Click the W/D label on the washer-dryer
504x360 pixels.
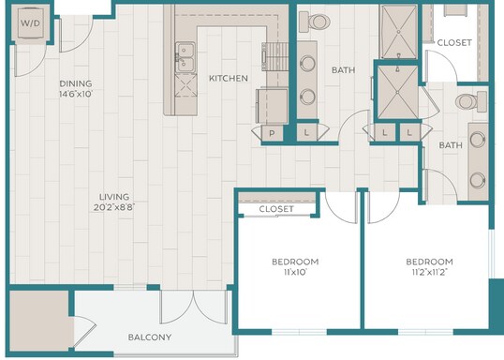click(31, 22)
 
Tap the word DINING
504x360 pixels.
click(76, 83)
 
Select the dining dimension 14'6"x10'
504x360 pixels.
click(76, 94)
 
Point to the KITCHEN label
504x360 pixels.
click(229, 78)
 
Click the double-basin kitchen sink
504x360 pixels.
click(185, 57)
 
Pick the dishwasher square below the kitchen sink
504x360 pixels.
click(185, 85)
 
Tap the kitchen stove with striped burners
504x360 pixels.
click(274, 56)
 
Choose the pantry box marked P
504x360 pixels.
click(272, 133)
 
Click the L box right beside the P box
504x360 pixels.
click(306, 132)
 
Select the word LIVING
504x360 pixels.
click(114, 197)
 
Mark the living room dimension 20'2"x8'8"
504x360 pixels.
click(114, 207)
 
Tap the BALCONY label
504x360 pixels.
click(150, 337)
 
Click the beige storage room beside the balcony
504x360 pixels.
click(39, 321)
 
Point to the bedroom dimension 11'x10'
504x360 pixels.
click(295, 272)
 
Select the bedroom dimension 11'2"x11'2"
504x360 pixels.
click(430, 272)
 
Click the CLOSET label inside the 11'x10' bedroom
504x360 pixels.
click(276, 209)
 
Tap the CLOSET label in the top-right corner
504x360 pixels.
click(454, 42)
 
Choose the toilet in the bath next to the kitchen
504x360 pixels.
click(315, 22)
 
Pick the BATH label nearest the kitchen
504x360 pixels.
click(343, 69)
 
